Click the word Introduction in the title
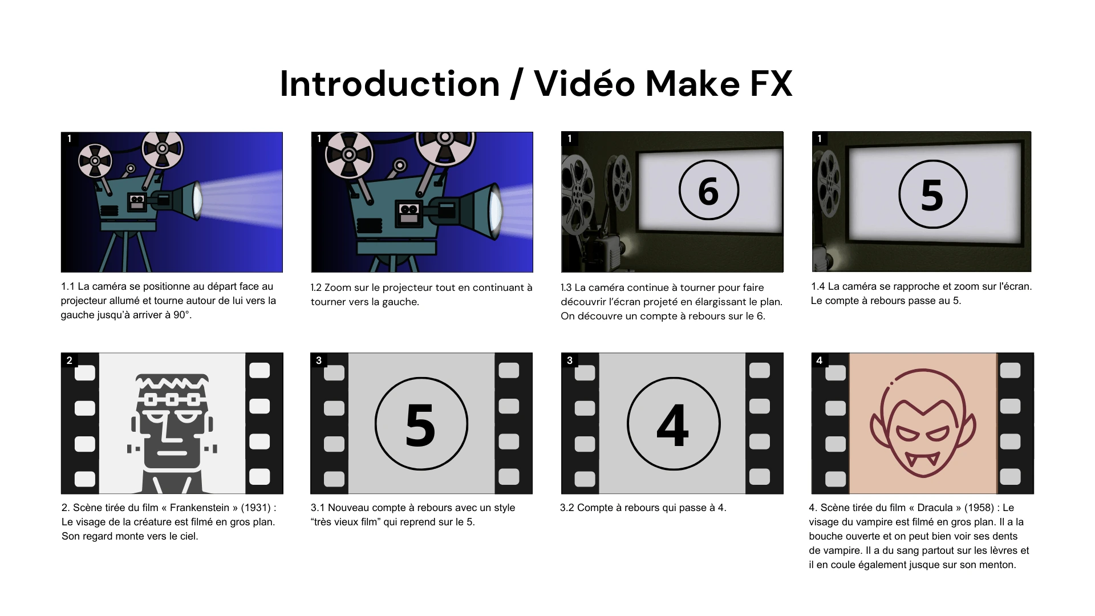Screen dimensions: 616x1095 point(390,84)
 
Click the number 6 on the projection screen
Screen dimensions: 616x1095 point(708,191)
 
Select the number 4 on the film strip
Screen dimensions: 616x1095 point(673,425)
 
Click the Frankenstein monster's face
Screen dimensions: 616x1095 point(171,422)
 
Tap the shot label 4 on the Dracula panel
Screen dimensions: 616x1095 point(819,360)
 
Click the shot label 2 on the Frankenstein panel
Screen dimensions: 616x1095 point(69,360)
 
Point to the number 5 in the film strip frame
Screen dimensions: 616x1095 point(421,425)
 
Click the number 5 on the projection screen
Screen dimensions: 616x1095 point(932,195)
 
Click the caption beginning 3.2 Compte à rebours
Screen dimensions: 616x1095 point(643,508)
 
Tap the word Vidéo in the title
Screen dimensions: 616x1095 point(585,84)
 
